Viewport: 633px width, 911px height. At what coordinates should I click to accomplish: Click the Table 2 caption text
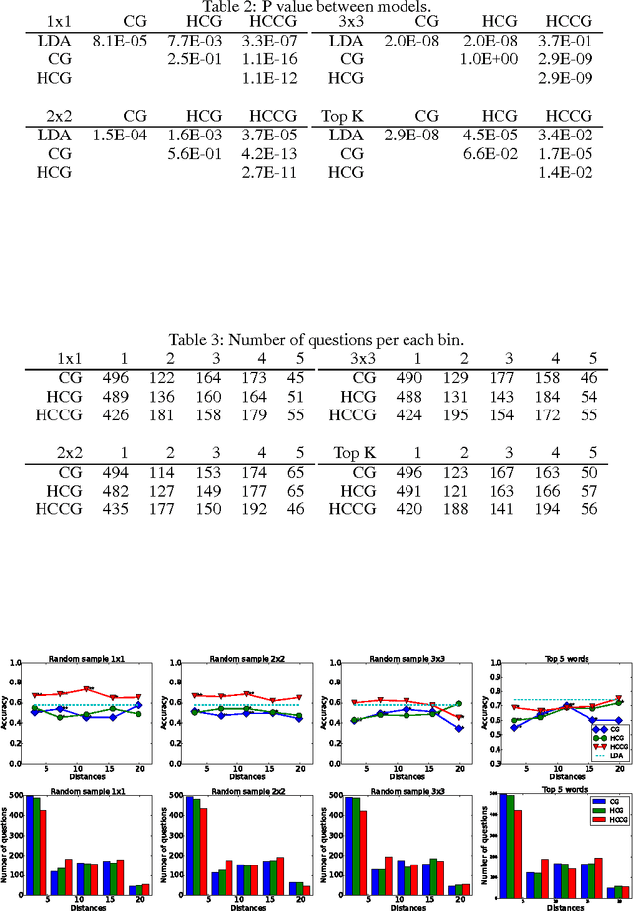pyautogui.click(x=316, y=7)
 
